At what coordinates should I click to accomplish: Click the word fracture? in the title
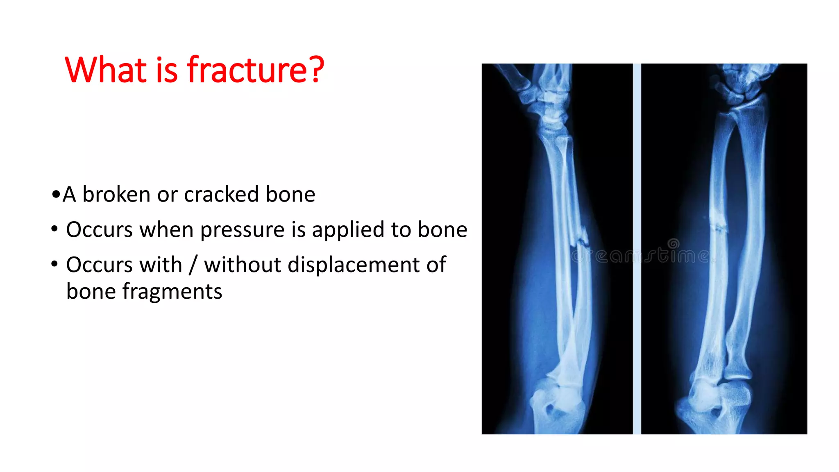[x=256, y=70]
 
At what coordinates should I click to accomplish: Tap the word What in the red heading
[x=106, y=70]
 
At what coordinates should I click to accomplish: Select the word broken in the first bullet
[x=116, y=194]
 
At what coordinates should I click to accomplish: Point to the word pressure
[x=242, y=229]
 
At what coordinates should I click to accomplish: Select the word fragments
[x=172, y=292]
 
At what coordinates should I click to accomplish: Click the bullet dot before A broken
[x=56, y=194]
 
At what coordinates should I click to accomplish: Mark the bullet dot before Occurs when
[x=54, y=229]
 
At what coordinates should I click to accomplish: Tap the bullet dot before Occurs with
[x=54, y=264]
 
